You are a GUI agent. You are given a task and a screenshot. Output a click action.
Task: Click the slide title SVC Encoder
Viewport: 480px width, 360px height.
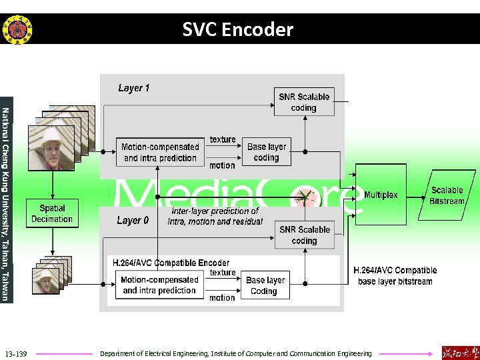[x=238, y=29]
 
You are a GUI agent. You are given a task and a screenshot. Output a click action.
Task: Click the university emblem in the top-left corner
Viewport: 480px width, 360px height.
[x=17, y=29]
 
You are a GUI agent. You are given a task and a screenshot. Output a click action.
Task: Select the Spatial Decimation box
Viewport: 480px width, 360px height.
[x=52, y=214]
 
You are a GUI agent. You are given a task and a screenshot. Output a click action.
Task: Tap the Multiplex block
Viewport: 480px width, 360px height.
[x=381, y=195]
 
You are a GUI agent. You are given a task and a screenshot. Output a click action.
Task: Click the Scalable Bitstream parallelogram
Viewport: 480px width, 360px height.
[x=446, y=196]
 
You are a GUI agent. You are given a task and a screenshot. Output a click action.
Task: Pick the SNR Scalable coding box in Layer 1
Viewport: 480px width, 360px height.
[x=304, y=102]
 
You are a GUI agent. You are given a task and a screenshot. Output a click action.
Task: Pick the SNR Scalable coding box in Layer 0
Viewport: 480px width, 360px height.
[x=305, y=235]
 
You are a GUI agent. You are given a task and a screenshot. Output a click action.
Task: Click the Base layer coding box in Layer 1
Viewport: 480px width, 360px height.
[x=267, y=152]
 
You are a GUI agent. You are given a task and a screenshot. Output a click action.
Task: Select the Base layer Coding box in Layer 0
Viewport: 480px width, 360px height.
[x=265, y=285]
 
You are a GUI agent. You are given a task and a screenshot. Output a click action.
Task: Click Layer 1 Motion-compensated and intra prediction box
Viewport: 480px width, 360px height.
[x=160, y=152]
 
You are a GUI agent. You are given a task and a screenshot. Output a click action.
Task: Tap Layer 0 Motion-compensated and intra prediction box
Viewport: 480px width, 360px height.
[x=159, y=285]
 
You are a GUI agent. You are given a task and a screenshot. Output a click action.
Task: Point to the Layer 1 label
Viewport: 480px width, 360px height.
[x=134, y=88]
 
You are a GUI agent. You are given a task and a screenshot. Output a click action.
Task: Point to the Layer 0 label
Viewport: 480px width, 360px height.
[x=133, y=221]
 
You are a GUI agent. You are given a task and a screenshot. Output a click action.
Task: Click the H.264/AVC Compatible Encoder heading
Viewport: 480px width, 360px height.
[x=171, y=263]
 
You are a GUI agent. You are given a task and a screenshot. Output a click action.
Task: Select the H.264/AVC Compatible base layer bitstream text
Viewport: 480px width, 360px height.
[x=396, y=276]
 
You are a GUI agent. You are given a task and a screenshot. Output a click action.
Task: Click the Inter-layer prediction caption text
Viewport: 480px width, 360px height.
[x=215, y=216]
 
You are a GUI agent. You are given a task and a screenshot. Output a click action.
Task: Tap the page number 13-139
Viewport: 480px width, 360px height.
[x=15, y=353]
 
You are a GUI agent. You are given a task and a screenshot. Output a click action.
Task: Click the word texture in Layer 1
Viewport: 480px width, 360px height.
[x=223, y=139]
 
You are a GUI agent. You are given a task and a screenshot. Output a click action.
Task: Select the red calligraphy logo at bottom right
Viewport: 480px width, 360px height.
[x=460, y=353]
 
